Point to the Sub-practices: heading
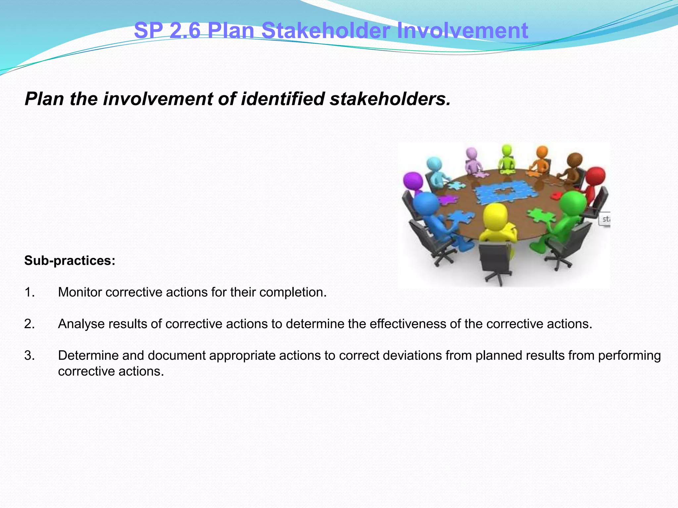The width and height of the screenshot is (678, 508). coord(70,261)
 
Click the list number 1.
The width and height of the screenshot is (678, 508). coord(29,292)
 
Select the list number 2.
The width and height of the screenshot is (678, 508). coord(29,324)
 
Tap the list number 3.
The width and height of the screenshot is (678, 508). coord(29,356)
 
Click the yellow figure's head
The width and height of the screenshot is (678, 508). coord(495,215)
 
